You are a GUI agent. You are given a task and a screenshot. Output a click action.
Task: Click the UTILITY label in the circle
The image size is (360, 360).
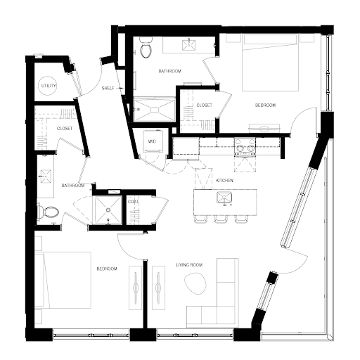click(49, 86)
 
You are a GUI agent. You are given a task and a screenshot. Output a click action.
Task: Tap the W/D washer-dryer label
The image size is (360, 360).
click(152, 141)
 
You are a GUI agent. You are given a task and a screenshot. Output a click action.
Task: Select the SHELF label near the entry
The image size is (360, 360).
click(108, 88)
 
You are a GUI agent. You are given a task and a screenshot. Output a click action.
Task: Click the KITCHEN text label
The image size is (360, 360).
click(224, 181)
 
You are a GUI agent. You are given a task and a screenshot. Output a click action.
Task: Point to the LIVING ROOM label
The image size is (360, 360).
click(189, 265)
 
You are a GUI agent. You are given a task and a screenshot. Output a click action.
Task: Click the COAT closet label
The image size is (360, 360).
click(133, 202)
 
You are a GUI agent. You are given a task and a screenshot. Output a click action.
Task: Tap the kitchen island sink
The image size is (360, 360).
click(224, 198)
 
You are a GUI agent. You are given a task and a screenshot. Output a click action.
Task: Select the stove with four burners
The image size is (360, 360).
click(245, 147)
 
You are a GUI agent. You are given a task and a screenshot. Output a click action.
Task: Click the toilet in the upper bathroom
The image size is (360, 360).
click(146, 48)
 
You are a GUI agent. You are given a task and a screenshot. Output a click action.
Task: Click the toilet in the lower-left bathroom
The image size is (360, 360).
click(48, 212)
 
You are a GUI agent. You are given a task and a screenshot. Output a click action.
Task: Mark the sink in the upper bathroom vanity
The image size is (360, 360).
click(188, 45)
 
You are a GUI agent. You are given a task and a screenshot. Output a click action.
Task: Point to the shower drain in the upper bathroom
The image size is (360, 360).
click(155, 110)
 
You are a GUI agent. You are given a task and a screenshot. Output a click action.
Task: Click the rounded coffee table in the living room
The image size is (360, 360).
click(196, 283)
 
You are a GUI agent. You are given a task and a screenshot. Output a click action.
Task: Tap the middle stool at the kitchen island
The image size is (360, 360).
click(221, 219)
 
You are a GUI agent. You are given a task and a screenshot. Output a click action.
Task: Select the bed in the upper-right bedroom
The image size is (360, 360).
click(270, 63)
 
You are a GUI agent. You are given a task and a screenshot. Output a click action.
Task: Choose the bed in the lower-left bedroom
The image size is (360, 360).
click(63, 280)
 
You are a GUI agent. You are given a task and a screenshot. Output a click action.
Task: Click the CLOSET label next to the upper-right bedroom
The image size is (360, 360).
click(204, 105)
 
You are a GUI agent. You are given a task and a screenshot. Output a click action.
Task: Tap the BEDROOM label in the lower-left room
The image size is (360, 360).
click(107, 269)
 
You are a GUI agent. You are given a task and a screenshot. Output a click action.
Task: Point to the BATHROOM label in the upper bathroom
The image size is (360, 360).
click(169, 71)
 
